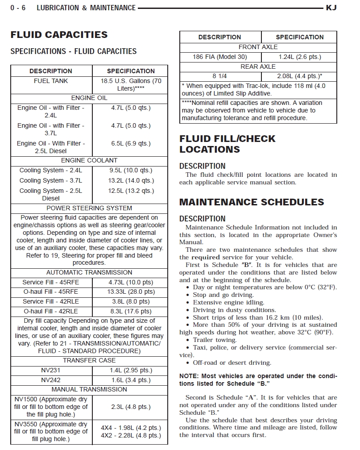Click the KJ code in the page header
click(331, 8)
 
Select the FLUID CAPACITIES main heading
click(59, 35)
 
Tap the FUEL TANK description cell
click(51, 81)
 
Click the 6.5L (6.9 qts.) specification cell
click(131, 144)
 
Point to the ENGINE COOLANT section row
click(89, 160)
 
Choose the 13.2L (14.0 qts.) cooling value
click(131, 180)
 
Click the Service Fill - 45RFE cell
click(50, 282)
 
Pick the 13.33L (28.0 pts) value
click(131, 292)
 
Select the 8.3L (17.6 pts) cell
click(131, 311)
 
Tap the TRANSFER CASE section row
click(89, 360)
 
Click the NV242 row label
click(50, 380)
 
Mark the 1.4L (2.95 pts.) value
click(131, 370)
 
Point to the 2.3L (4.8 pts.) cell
click(131, 407)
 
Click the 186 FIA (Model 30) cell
click(220, 57)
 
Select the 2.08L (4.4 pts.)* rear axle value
click(299, 76)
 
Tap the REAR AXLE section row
click(258, 67)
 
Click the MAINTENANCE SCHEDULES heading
click(252, 202)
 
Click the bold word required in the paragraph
click(206, 257)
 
